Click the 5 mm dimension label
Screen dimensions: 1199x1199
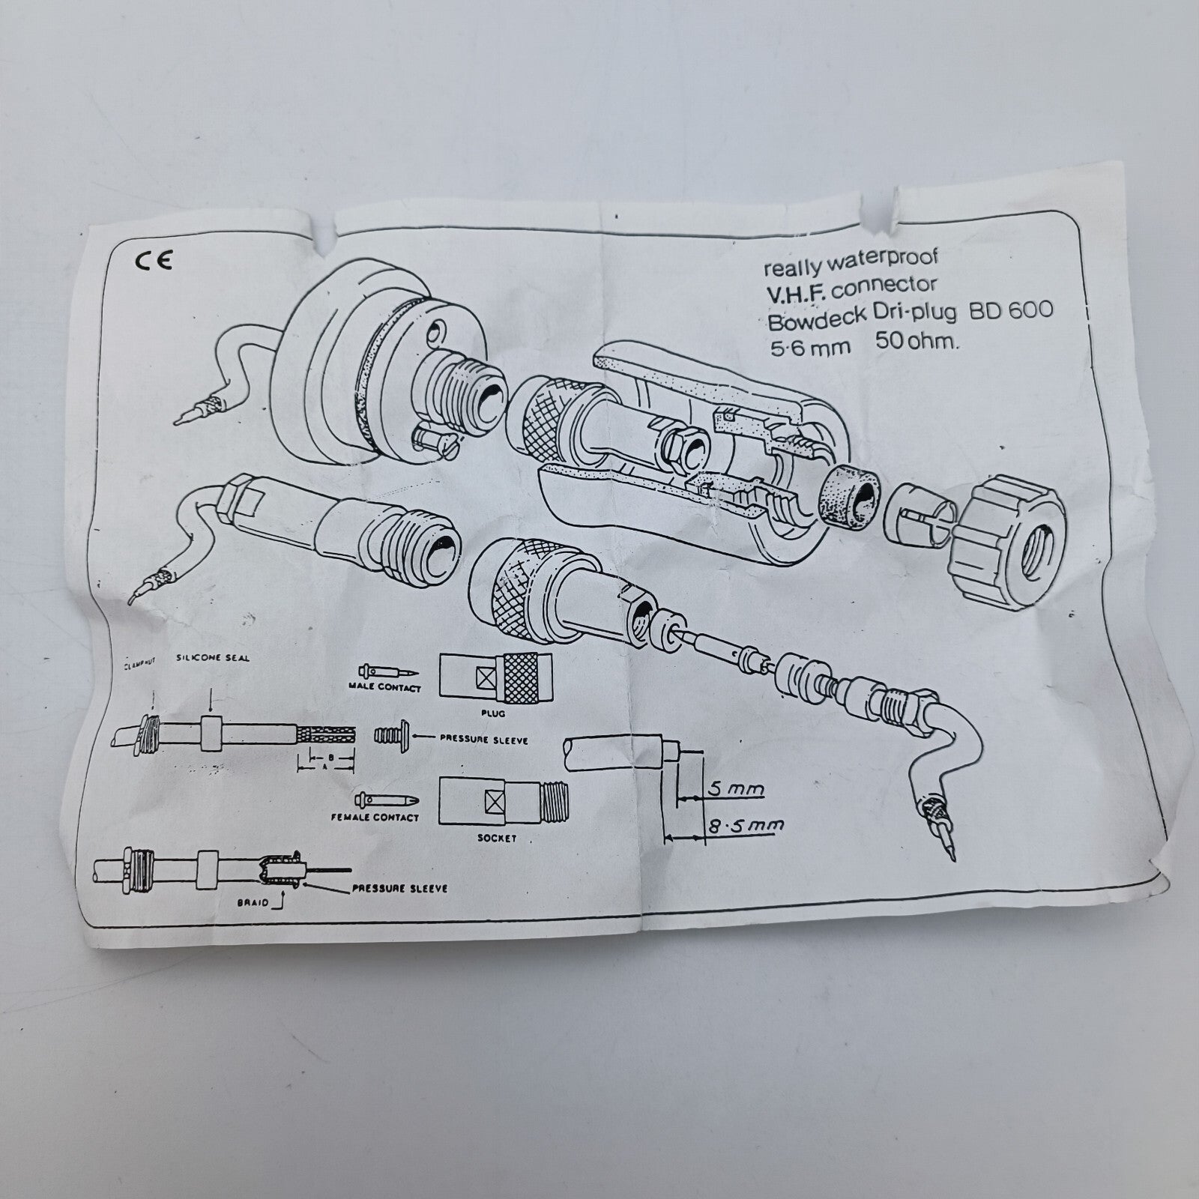point(735,789)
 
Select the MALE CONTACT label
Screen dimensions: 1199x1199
point(385,687)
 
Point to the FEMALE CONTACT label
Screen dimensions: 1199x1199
point(375,817)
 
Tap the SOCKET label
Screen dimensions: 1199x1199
point(497,838)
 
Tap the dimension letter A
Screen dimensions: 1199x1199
point(324,769)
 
